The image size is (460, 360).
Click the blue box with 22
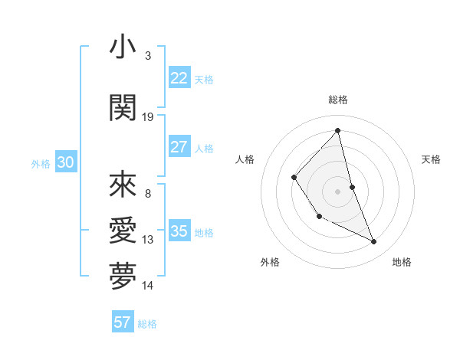pyautogui.click(x=179, y=78)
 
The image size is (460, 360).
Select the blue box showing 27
pyautogui.click(x=179, y=147)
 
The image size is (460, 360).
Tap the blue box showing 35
pyautogui.click(x=179, y=231)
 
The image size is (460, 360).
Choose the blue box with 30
pyautogui.click(x=65, y=162)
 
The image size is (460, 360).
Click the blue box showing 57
pyautogui.click(x=123, y=322)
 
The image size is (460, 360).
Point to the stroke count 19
pyautogui.click(x=148, y=117)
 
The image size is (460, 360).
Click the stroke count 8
pyautogui.click(x=148, y=194)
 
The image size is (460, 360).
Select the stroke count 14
pyautogui.click(x=148, y=286)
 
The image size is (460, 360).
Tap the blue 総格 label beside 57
pyautogui.click(x=147, y=324)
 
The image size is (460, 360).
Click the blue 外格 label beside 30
pyautogui.click(x=40, y=163)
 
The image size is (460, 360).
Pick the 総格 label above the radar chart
pyautogui.click(x=337, y=100)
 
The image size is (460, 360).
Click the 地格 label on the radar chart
pyautogui.click(x=402, y=262)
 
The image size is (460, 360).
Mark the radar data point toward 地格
pyautogui.click(x=374, y=242)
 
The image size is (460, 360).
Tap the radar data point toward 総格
pyautogui.click(x=337, y=130)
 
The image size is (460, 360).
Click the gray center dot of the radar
pyautogui.click(x=337, y=191)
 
